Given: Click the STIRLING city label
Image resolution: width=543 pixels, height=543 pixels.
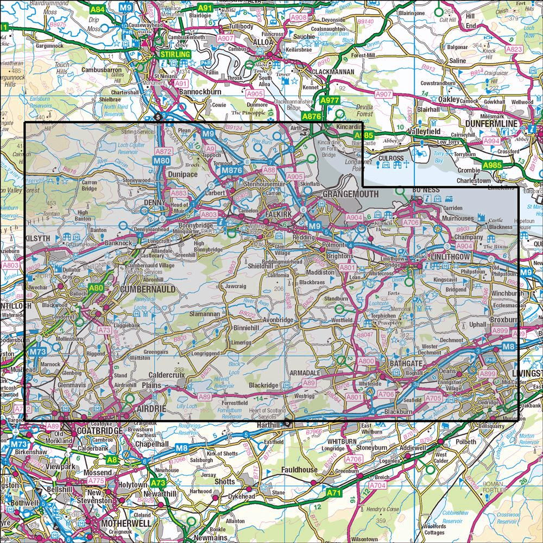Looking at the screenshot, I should [175, 55].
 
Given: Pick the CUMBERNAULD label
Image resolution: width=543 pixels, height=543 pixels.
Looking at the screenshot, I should [148, 289].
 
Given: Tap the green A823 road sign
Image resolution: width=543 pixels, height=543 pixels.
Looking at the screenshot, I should [513, 49].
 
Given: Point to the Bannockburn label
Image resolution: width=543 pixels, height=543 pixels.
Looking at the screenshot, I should [201, 93].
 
